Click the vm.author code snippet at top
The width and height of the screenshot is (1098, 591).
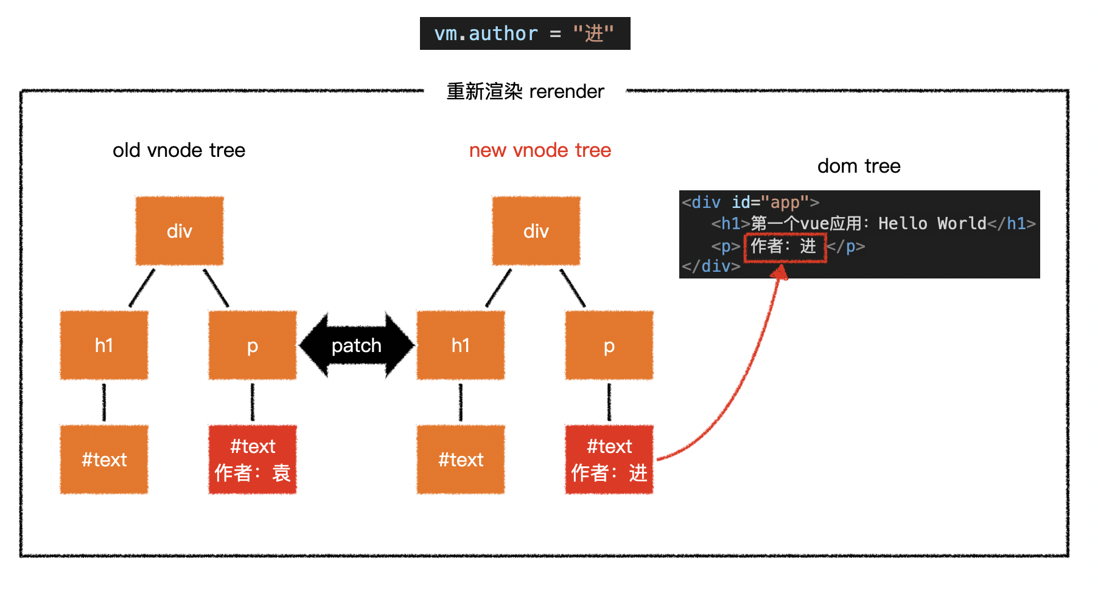(525, 33)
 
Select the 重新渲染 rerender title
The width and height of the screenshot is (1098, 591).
(525, 91)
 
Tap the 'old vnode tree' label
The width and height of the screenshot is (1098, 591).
(179, 150)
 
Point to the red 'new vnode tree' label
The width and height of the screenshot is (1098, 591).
(540, 150)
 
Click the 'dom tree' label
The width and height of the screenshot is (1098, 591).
(858, 166)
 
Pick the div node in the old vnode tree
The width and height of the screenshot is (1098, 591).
(180, 231)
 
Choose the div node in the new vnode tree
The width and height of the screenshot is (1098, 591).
(536, 231)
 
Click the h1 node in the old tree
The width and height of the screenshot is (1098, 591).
(104, 345)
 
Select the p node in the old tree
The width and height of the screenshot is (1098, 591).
(253, 345)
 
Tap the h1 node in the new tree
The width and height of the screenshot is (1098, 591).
(461, 345)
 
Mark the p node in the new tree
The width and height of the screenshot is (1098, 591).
(609, 345)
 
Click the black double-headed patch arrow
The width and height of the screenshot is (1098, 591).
(357, 345)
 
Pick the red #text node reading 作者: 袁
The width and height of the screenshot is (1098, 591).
(253, 460)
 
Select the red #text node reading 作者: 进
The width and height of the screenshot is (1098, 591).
(609, 460)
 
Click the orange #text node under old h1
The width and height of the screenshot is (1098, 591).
(104, 460)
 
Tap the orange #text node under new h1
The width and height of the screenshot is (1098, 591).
(461, 460)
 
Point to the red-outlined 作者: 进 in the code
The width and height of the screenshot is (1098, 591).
(785, 247)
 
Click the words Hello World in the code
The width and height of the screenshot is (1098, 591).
(932, 224)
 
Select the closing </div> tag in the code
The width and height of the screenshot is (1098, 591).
(711, 266)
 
